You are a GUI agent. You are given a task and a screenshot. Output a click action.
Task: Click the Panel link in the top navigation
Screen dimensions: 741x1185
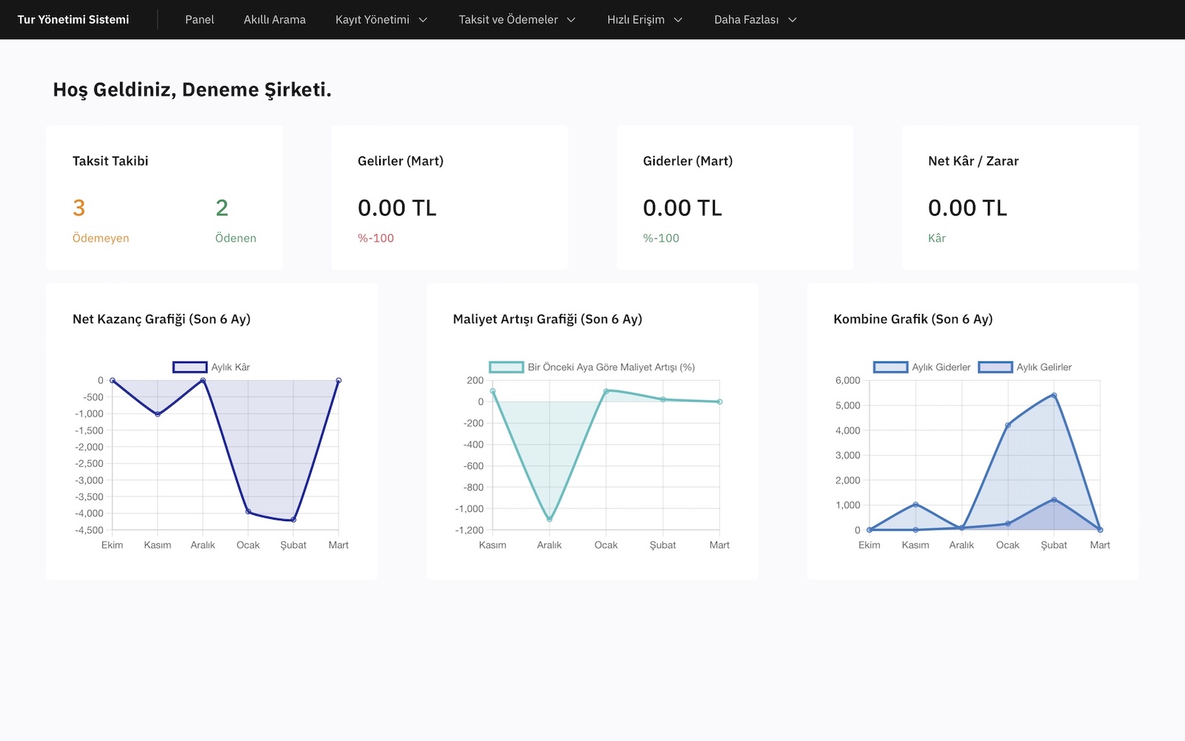coord(199,20)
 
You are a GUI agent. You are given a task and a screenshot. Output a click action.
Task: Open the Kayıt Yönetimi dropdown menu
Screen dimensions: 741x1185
coord(381,20)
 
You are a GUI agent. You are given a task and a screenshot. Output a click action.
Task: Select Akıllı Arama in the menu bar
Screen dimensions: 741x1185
coord(274,20)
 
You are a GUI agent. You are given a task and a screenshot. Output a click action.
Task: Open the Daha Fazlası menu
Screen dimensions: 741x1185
coord(755,20)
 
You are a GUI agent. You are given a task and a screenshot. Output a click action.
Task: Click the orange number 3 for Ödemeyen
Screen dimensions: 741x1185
coord(79,208)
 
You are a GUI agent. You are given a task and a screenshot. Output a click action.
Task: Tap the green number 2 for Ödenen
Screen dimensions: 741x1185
coord(221,208)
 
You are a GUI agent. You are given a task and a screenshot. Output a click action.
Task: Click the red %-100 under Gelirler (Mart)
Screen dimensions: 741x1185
coord(375,238)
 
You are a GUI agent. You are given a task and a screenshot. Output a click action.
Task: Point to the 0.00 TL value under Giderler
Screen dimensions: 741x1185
coord(682,208)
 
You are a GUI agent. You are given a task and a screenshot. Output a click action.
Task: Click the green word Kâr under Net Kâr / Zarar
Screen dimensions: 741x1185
coord(937,238)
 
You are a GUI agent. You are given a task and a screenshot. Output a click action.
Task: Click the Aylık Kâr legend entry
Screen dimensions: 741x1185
coord(212,367)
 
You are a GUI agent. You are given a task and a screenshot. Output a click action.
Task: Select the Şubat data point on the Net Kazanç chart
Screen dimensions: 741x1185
coord(293,519)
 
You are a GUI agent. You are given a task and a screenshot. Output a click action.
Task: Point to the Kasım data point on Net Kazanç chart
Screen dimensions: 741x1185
coord(158,413)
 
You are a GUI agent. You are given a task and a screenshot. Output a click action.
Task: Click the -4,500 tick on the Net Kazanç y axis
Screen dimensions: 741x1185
coord(90,530)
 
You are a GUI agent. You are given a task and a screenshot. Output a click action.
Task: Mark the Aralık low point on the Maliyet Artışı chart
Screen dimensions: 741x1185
coord(550,519)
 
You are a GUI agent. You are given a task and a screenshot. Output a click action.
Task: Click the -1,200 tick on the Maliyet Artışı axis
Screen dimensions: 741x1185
coord(469,530)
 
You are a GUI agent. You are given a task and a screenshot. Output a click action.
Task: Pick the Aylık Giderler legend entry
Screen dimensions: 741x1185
coord(922,367)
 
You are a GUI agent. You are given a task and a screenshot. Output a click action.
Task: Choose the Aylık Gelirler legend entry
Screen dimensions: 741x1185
coord(1025,367)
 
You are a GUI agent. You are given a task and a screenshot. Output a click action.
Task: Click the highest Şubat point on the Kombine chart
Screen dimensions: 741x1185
coord(1054,395)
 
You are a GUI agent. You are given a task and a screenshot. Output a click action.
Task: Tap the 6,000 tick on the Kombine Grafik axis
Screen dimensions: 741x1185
coord(847,380)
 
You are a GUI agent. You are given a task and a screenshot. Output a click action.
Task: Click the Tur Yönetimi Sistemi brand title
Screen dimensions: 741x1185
coord(73,20)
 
